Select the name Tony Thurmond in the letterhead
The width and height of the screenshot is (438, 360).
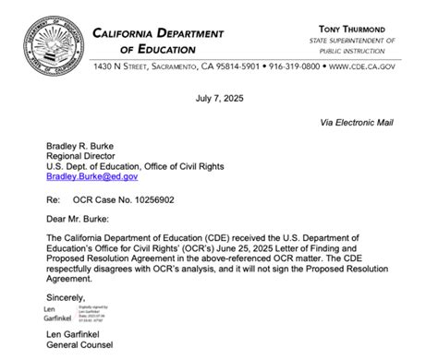tap(356, 30)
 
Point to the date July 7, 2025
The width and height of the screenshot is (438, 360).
tap(219, 97)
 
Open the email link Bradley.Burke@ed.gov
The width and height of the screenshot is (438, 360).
tap(91, 175)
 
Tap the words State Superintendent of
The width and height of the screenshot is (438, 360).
tap(357, 41)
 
